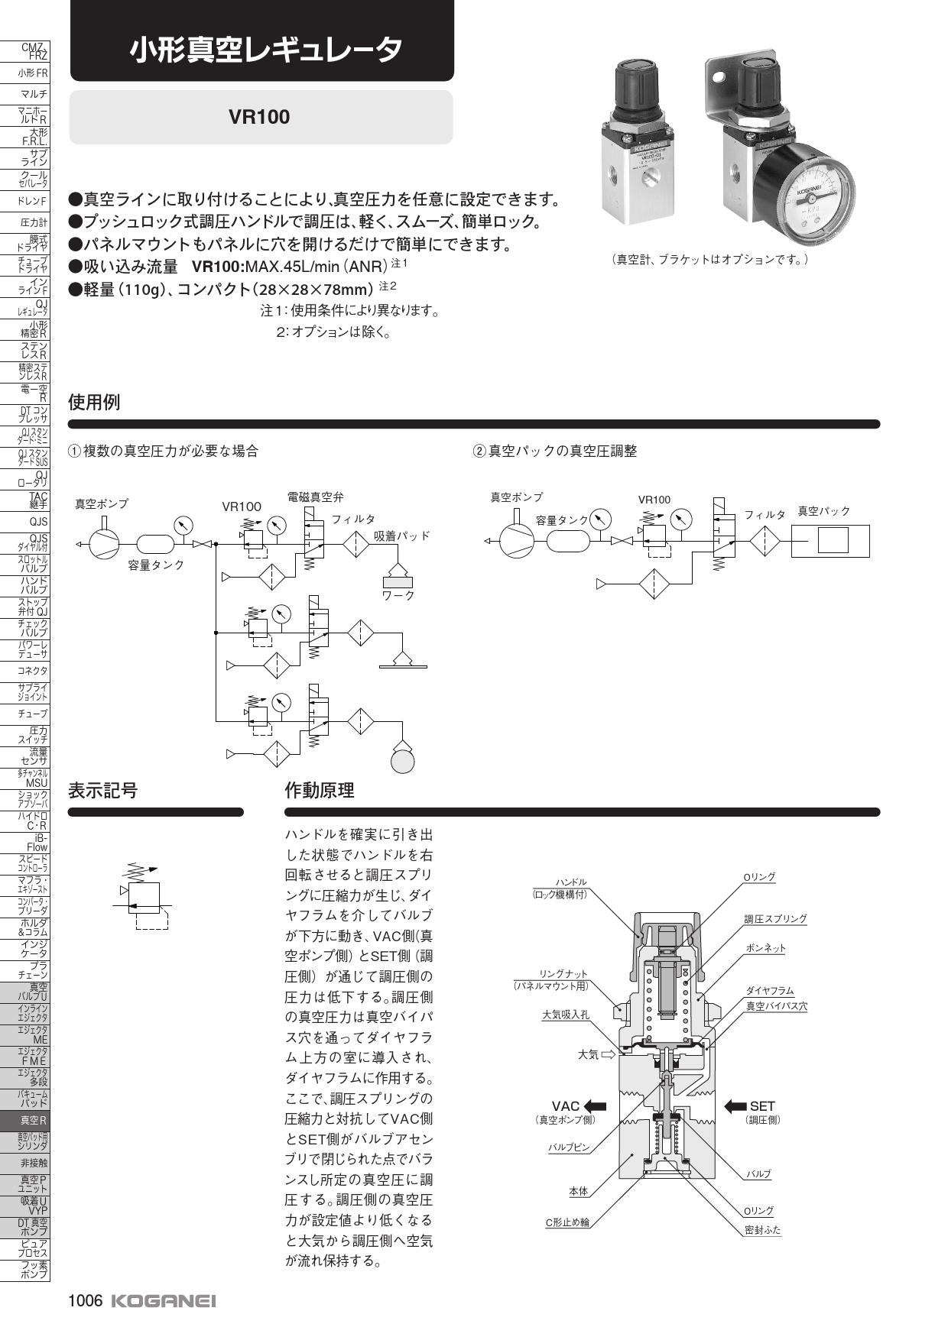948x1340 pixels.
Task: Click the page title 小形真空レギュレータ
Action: point(265,50)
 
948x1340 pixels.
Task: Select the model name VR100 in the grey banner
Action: point(260,117)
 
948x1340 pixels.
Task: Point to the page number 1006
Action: point(85,1301)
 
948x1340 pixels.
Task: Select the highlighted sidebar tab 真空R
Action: point(33,1121)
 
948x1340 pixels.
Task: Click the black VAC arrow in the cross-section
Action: point(594,1105)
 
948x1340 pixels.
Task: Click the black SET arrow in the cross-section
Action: point(735,1105)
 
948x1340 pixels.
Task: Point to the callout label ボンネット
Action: point(765,948)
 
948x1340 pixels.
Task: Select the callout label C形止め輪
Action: point(567,1222)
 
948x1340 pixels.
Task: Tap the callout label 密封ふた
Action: point(762,1230)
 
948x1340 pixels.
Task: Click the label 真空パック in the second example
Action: point(823,511)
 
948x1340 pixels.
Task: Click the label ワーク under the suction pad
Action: point(398,595)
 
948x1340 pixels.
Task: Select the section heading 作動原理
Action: point(320,791)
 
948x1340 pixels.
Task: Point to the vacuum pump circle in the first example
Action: point(104,543)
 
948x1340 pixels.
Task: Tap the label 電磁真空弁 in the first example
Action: point(315,497)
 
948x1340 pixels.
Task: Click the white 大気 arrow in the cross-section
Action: point(609,1055)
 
